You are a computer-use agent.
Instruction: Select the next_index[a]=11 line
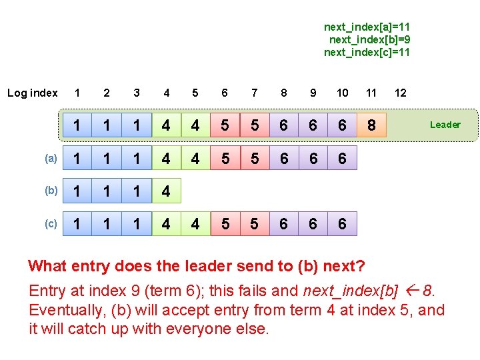[x=367, y=27]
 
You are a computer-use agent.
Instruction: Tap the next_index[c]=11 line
[x=367, y=52]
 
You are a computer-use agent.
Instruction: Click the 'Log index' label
[x=33, y=93]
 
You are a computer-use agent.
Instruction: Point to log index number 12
[x=401, y=93]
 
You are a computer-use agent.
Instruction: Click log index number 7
[x=254, y=93]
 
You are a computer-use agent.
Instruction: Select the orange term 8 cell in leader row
[x=371, y=125]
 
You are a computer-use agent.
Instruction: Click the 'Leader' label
[x=445, y=125]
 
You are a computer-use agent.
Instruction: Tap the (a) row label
[x=51, y=159]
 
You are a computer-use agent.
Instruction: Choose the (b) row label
[x=51, y=191]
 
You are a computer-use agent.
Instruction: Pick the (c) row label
[x=51, y=224]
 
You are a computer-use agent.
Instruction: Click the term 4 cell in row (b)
[x=166, y=191]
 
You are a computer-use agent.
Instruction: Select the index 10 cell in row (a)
[x=342, y=159]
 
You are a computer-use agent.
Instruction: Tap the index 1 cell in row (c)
[x=78, y=224]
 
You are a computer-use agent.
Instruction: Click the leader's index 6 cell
[x=225, y=125]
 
